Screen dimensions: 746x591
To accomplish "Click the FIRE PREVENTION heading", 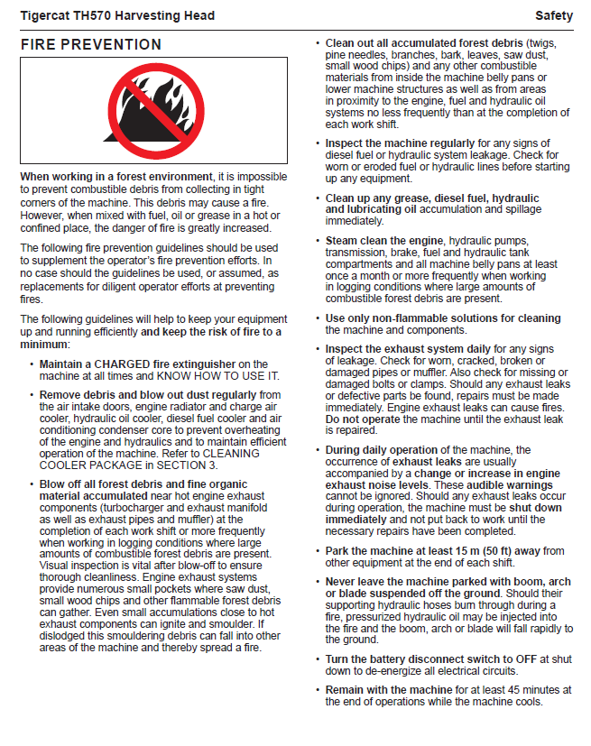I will click(x=91, y=45).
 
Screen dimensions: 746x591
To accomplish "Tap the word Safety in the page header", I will click(x=554, y=16).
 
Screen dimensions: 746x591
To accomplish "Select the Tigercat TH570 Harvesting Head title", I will click(x=117, y=16).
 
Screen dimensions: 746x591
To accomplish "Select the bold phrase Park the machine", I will click(x=367, y=551).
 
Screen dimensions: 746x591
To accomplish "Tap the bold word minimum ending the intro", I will click(x=43, y=344).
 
